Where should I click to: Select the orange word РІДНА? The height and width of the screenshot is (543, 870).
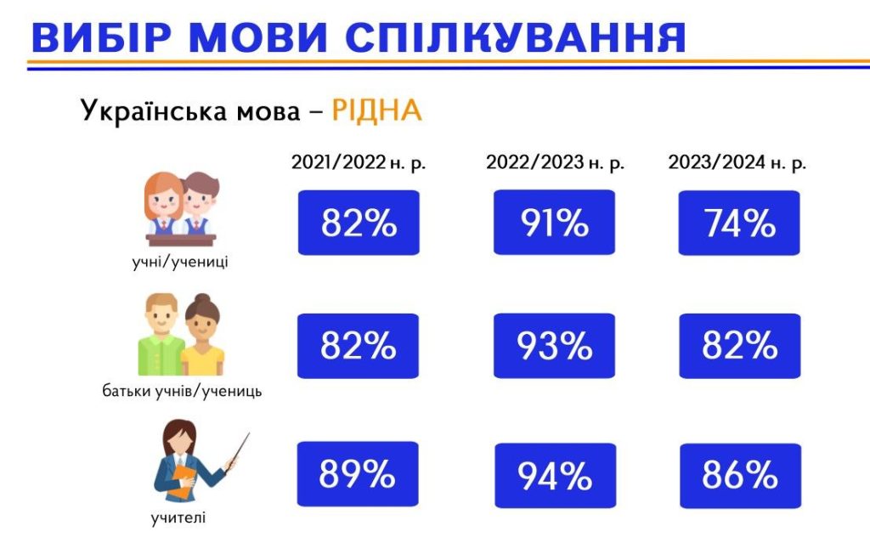point(376,110)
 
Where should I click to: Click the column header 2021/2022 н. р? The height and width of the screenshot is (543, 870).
point(358,163)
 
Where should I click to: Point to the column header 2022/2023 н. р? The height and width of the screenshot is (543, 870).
point(555,163)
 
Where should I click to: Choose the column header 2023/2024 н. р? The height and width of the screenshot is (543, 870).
point(737,163)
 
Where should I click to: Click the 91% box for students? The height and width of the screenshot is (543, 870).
point(554,223)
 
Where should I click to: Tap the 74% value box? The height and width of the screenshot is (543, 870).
point(739,223)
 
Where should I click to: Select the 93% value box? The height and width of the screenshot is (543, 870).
point(554,346)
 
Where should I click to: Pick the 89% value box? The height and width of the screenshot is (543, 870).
point(358,473)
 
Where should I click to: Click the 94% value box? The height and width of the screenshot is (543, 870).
point(554,475)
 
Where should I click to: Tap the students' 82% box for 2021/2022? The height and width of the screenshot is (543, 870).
point(358,223)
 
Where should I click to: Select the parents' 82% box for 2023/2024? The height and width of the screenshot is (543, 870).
point(739,346)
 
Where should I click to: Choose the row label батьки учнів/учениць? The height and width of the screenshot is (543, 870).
point(182,392)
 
